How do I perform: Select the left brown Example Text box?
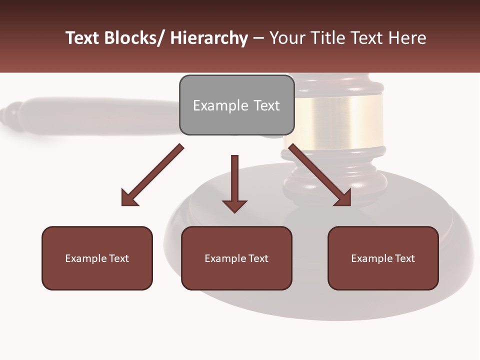(x=97, y=258)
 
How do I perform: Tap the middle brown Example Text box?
(x=236, y=258)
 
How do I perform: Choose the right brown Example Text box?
(x=383, y=258)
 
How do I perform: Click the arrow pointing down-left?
(x=152, y=175)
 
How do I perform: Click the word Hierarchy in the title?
(x=209, y=38)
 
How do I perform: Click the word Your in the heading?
(x=287, y=38)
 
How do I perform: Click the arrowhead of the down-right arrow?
(x=343, y=197)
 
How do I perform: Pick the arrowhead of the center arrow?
(x=234, y=206)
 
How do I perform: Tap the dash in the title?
(x=258, y=38)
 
